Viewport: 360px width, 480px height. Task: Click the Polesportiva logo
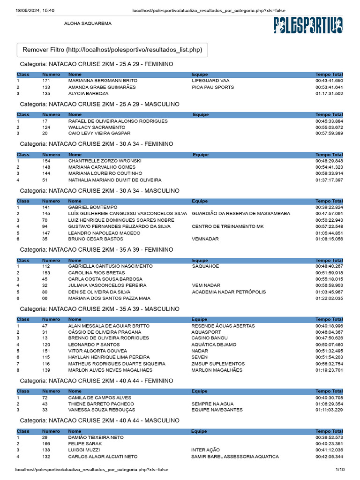click(308, 25)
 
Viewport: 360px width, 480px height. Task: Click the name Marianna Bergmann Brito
click(103, 81)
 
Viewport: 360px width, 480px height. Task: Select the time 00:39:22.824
click(329, 207)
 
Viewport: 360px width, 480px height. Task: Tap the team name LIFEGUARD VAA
click(210, 81)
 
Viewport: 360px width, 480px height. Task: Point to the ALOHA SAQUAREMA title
click(88, 23)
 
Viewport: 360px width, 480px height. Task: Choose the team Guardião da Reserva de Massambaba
click(240, 213)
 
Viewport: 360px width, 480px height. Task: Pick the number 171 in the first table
click(46, 81)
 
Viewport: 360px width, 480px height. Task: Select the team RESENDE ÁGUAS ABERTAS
click(223, 326)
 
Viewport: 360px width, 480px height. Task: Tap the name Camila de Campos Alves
click(99, 397)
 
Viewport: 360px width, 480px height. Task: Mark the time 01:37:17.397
click(329, 180)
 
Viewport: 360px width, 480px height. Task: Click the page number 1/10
click(340, 469)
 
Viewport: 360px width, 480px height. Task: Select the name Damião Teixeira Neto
click(96, 437)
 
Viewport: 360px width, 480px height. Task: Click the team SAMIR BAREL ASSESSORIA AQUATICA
click(235, 457)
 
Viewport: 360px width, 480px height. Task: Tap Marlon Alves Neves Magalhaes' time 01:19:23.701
click(329, 370)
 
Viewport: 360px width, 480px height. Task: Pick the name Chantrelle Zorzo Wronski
click(105, 161)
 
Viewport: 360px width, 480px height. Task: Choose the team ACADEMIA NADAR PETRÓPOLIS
click(229, 292)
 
